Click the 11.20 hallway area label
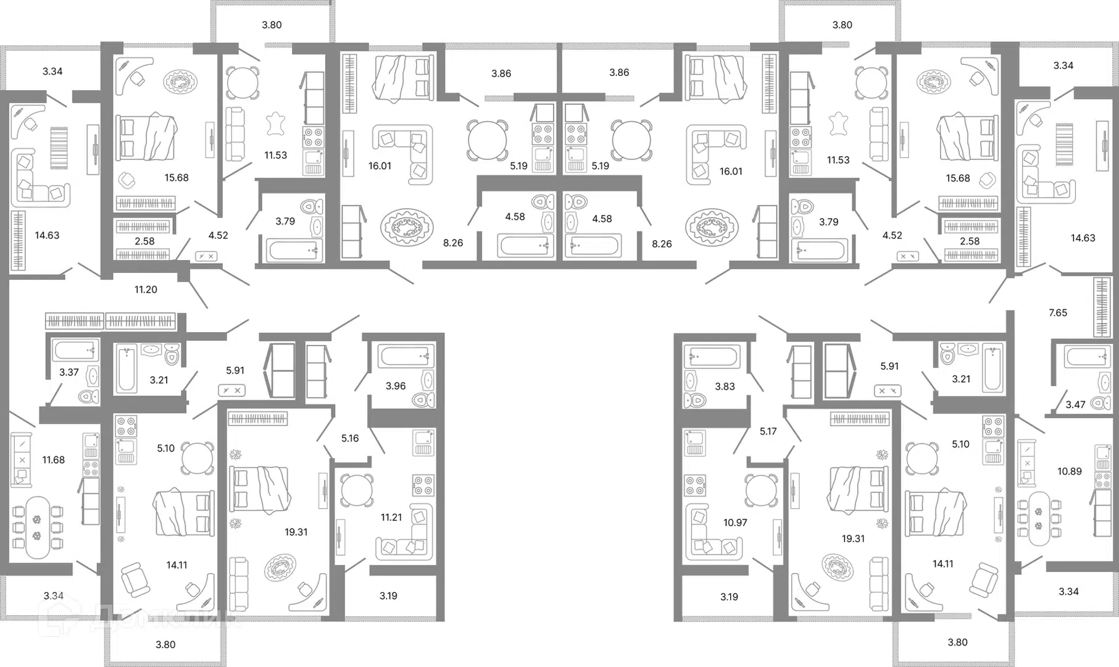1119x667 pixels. pos(146,289)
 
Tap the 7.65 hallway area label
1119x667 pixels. pos(1058,313)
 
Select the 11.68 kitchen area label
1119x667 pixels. pos(53,459)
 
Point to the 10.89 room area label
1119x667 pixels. pos(1070,471)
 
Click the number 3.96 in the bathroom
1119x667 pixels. pos(396,386)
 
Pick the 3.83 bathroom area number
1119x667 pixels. pos(725,387)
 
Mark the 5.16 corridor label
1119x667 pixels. pos(350,438)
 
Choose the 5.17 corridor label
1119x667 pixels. pos(768,432)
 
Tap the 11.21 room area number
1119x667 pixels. pos(391,518)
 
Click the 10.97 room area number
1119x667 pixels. pos(735,522)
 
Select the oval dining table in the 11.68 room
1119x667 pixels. pos(37,527)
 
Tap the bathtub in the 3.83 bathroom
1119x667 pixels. pos(712,358)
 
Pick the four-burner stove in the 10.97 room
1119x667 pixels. pos(694,485)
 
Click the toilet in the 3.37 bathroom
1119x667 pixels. pos(89,396)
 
